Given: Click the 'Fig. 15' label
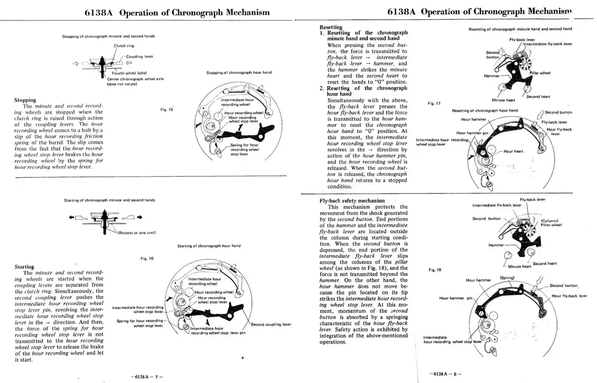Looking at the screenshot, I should tap(167, 109).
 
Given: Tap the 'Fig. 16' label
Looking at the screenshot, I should tap(147, 258).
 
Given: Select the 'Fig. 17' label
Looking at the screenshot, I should tap(434, 104).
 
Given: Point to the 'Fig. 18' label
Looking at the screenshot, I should tap(435, 270).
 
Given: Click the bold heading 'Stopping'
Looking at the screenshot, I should tap(25, 100).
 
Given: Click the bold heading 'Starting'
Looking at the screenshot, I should tap(24, 266).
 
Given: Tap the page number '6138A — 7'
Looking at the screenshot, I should tap(144, 376).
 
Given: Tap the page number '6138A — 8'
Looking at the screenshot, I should tap(445, 373).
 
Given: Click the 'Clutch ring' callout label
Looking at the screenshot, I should tap(123, 45).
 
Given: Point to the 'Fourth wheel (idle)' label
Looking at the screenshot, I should tap(129, 74).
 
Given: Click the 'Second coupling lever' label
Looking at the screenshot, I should tap(271, 324).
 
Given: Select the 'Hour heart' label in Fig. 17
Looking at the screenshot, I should tap(513, 151).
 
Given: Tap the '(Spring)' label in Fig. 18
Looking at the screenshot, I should tap(507, 277).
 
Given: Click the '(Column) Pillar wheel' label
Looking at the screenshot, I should tap(551, 223).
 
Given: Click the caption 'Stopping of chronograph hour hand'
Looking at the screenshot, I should tap(239, 72).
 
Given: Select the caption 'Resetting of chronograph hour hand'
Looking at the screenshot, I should tap(485, 110).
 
